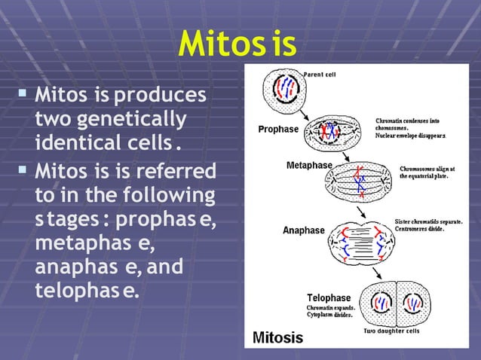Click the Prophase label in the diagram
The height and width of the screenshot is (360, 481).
(278, 129)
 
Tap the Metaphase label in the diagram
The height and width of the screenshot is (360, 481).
(311, 164)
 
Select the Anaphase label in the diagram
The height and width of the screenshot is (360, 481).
(304, 230)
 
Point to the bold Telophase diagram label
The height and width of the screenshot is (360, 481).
(330, 297)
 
